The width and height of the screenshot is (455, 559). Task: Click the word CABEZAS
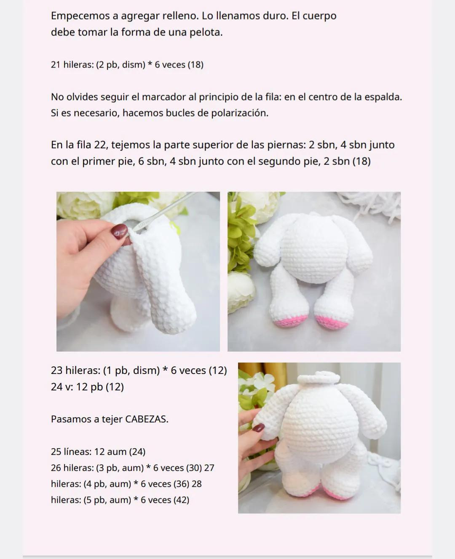click(x=146, y=419)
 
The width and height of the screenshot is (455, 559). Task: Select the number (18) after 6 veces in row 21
click(x=195, y=64)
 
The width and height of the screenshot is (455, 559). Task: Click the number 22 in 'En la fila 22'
click(x=100, y=145)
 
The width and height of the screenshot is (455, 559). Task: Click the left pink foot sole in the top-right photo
click(x=288, y=321)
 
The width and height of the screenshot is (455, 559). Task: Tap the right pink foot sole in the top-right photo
click(x=333, y=322)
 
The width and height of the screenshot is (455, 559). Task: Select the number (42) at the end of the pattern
click(x=181, y=500)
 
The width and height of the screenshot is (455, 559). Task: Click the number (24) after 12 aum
click(x=137, y=451)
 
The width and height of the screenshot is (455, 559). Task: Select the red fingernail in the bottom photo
click(x=258, y=427)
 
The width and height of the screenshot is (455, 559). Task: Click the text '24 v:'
click(x=62, y=387)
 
